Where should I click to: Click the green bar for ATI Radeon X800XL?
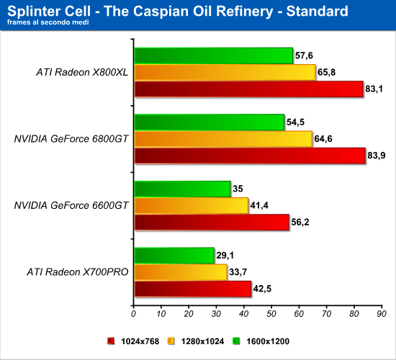click(214, 56)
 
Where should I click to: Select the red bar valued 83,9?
click(250, 156)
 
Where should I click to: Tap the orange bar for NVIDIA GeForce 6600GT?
click(192, 206)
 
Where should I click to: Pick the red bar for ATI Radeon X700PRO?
click(193, 289)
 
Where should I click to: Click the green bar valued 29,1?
click(174, 256)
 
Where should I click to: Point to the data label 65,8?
click(326, 72)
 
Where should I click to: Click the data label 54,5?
click(295, 122)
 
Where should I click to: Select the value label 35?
click(238, 189)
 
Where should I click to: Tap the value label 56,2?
click(300, 222)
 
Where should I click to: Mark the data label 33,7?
click(238, 272)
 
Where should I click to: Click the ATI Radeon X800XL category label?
click(82, 72)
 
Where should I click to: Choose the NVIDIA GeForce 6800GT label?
click(71, 139)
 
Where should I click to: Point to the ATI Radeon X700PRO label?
click(78, 272)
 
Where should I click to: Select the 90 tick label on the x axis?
click(382, 314)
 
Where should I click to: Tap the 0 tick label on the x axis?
click(133, 314)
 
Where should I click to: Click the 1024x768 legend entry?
click(133, 341)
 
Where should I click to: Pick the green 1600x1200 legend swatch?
click(236, 341)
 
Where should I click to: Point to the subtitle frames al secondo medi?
click(48, 22)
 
